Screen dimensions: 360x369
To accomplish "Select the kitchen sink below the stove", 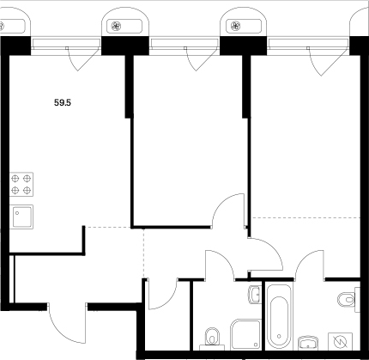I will [21, 215].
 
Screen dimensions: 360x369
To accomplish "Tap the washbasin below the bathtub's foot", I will [306, 339].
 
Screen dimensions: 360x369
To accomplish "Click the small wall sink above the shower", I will [253, 296].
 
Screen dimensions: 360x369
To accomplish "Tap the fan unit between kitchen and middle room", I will [116, 25].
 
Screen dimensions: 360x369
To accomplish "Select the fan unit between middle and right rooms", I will [234, 25].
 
